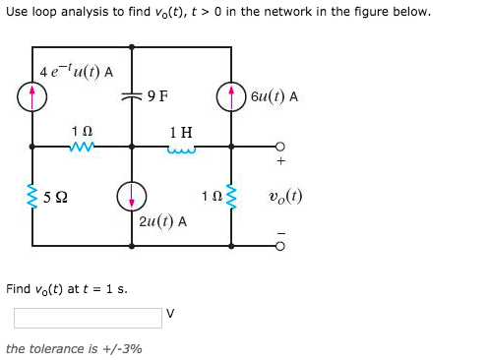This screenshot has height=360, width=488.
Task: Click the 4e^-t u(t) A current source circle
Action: click(32, 96)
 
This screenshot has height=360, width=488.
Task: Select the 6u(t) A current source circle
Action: click(232, 96)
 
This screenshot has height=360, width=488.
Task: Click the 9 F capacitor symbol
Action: click(131, 96)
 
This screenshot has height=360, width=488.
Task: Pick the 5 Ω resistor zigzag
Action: click(32, 196)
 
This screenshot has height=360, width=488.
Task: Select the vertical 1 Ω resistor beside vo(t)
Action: click(232, 196)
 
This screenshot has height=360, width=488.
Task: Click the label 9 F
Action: click(156, 96)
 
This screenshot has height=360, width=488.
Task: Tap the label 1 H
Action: click(181, 131)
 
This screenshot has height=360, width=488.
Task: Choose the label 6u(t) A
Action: click(274, 96)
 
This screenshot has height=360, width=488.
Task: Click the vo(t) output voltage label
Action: click(284, 196)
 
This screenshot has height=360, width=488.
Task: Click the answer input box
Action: click(88, 318)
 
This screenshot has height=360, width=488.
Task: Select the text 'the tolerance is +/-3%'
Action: click(74, 348)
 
